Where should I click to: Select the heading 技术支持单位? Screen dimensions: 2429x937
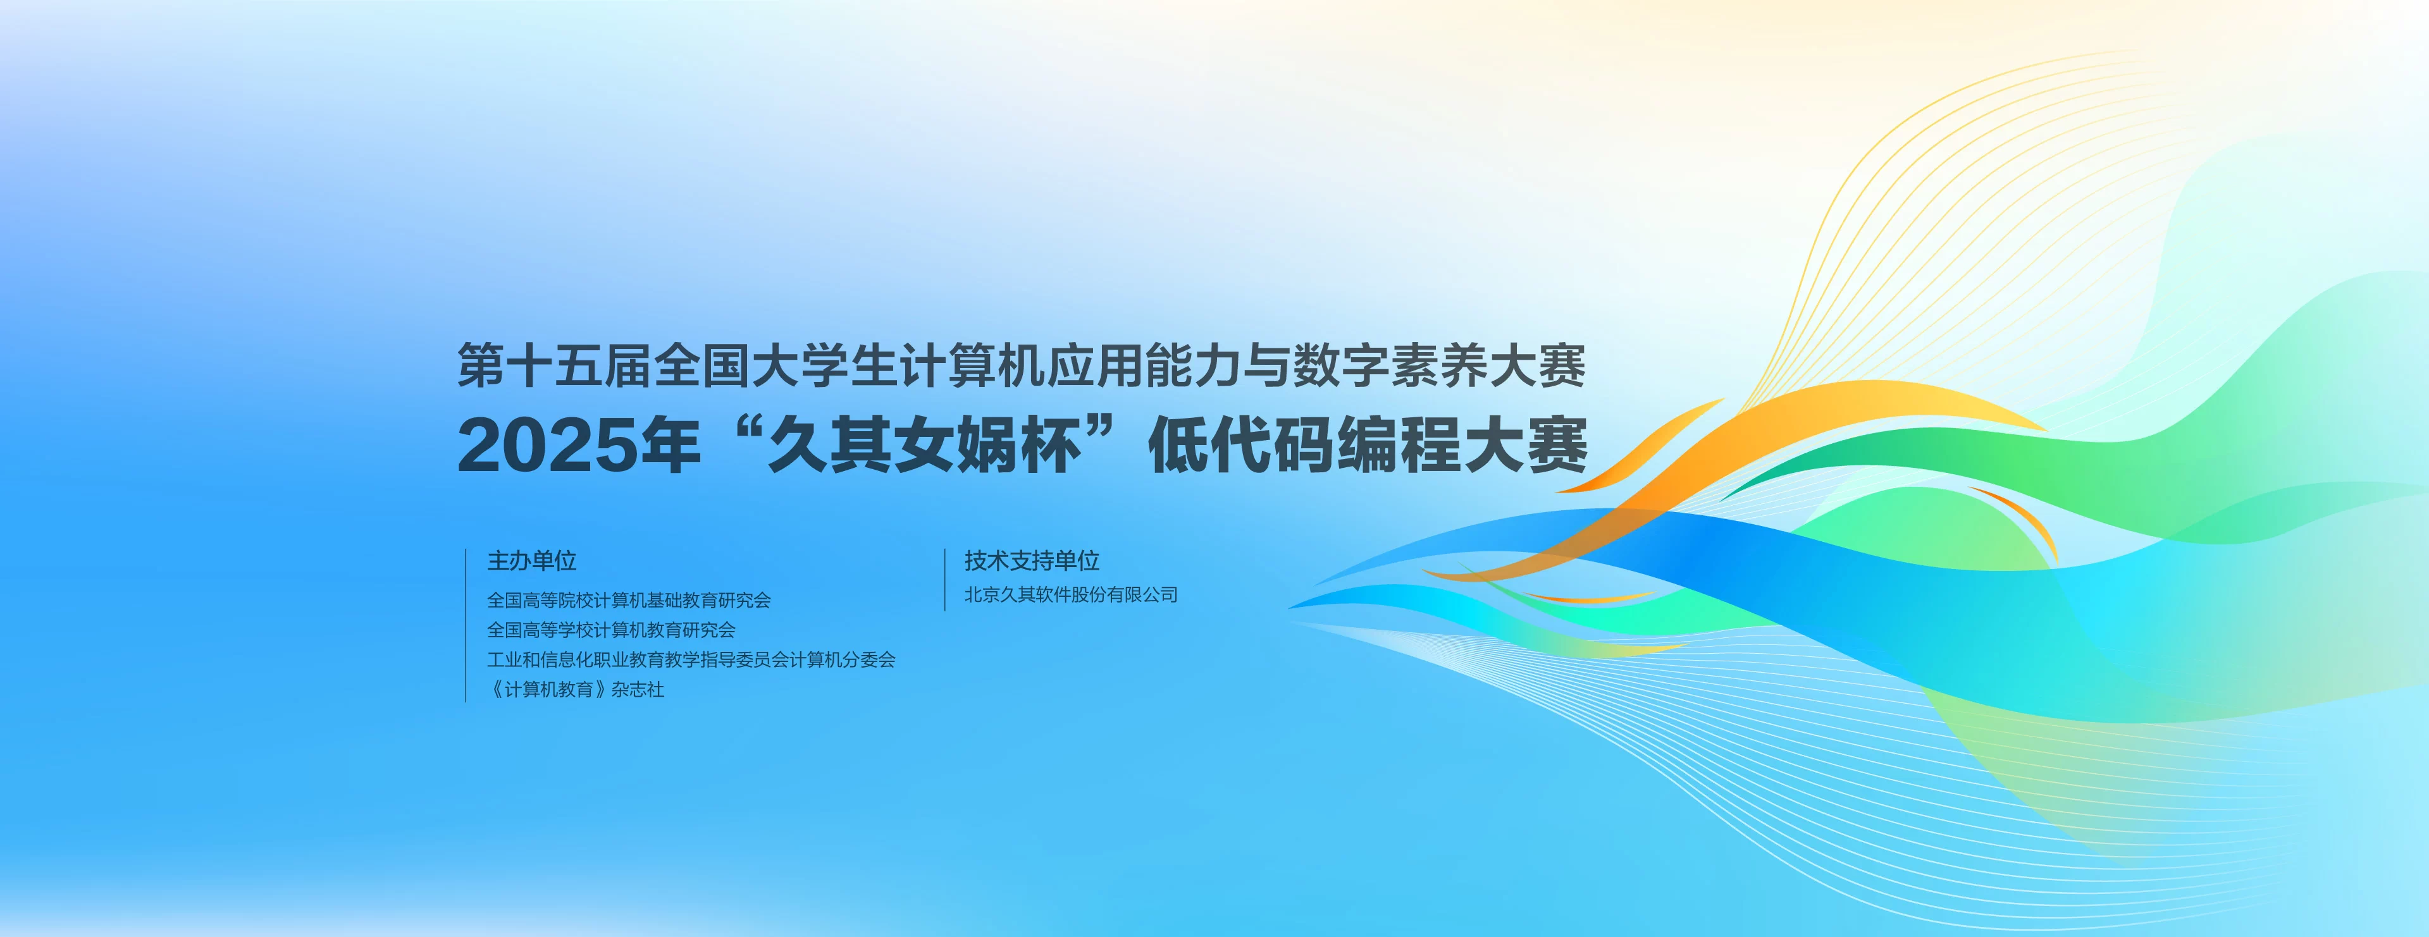1032,561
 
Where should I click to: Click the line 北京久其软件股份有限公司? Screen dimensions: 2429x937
1071,595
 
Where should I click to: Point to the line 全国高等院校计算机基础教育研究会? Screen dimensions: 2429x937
629,599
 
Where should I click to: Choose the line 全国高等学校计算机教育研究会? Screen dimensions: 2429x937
611,630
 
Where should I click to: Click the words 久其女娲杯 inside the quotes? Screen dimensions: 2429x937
924,447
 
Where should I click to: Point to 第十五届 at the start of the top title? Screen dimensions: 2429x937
553,365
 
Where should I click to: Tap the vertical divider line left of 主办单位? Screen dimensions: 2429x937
466,625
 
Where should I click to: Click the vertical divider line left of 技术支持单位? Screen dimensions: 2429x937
945,580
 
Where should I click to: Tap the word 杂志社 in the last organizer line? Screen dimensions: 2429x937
638,690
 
